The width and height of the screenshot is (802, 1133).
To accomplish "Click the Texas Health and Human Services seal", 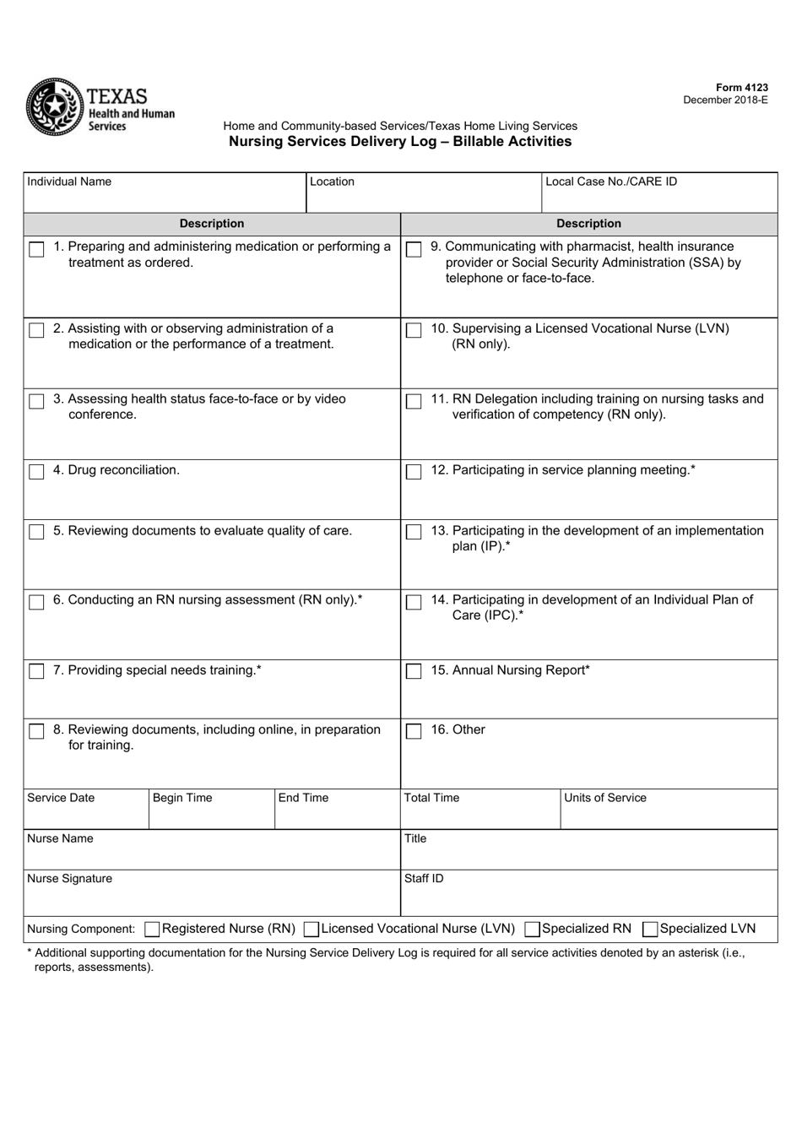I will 54,107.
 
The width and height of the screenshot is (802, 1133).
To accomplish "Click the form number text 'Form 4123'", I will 741,88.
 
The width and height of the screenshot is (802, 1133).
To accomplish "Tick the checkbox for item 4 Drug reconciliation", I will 36,472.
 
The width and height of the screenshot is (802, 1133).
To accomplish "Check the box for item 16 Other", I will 414,731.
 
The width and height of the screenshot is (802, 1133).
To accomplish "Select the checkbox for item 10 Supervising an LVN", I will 414,330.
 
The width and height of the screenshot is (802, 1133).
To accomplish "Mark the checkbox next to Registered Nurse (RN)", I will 152,930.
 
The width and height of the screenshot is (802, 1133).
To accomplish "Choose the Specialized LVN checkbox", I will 650,930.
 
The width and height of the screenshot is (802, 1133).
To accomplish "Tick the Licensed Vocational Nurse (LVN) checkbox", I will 311,930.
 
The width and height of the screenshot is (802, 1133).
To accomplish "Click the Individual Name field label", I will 69,182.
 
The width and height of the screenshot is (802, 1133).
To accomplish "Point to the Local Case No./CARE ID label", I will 611,182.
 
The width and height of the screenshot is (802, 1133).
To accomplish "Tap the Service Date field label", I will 61,798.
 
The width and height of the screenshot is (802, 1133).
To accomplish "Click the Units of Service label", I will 605,798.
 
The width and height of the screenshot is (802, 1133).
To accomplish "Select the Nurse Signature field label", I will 69,879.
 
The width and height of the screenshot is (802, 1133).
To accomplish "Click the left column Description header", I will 212,224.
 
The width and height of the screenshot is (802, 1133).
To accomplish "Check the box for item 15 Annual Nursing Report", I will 414,672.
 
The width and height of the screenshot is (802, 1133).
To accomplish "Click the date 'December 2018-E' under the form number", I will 725,100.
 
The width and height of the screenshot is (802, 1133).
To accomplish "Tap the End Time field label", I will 303,798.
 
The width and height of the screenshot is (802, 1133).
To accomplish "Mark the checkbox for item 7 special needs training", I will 36,672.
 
